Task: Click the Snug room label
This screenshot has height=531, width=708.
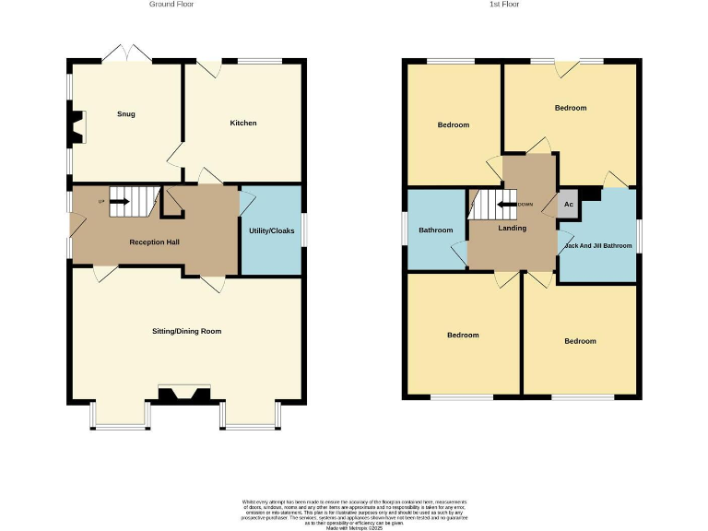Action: coord(126,114)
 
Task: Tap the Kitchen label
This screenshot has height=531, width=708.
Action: coord(243,123)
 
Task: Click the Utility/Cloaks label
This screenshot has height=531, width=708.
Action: coord(272,230)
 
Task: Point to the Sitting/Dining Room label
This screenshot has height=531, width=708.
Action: coord(187,331)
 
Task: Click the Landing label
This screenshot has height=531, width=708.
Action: coord(513,229)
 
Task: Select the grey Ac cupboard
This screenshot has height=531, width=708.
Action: coord(569,205)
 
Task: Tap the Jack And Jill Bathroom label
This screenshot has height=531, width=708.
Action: coord(597,246)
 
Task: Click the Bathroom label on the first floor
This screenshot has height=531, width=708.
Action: coord(435,230)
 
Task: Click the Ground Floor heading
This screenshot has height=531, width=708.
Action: coord(171,5)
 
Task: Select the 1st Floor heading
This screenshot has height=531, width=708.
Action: coord(504,5)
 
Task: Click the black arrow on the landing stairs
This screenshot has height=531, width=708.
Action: coord(507,205)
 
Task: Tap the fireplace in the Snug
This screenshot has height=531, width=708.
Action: coord(74,128)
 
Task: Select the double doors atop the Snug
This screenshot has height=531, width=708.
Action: coord(127,54)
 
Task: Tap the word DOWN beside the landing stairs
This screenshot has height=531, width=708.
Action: coord(525,205)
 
